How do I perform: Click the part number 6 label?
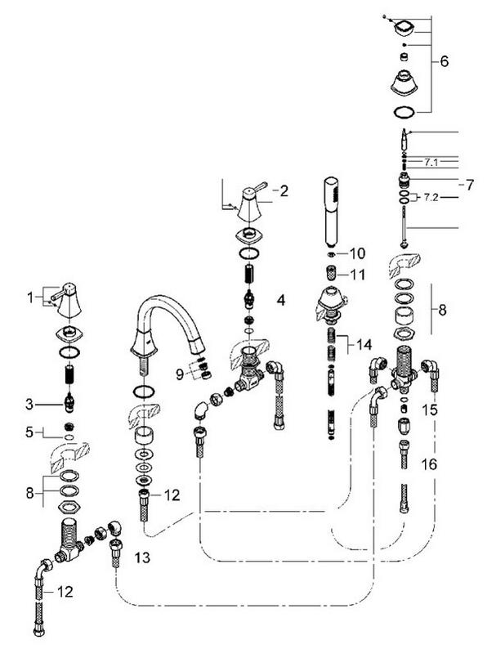point(445,60)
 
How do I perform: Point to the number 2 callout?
point(283,191)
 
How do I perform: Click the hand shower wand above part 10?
point(331,208)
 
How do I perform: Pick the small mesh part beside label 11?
point(332,272)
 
